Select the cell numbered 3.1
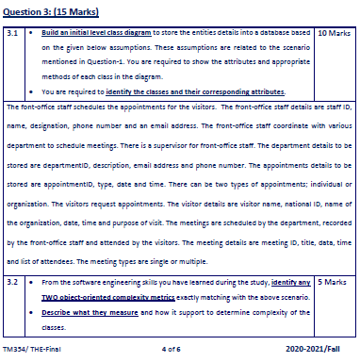click(x=14, y=32)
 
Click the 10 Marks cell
click(x=332, y=32)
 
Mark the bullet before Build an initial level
click(x=34, y=32)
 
